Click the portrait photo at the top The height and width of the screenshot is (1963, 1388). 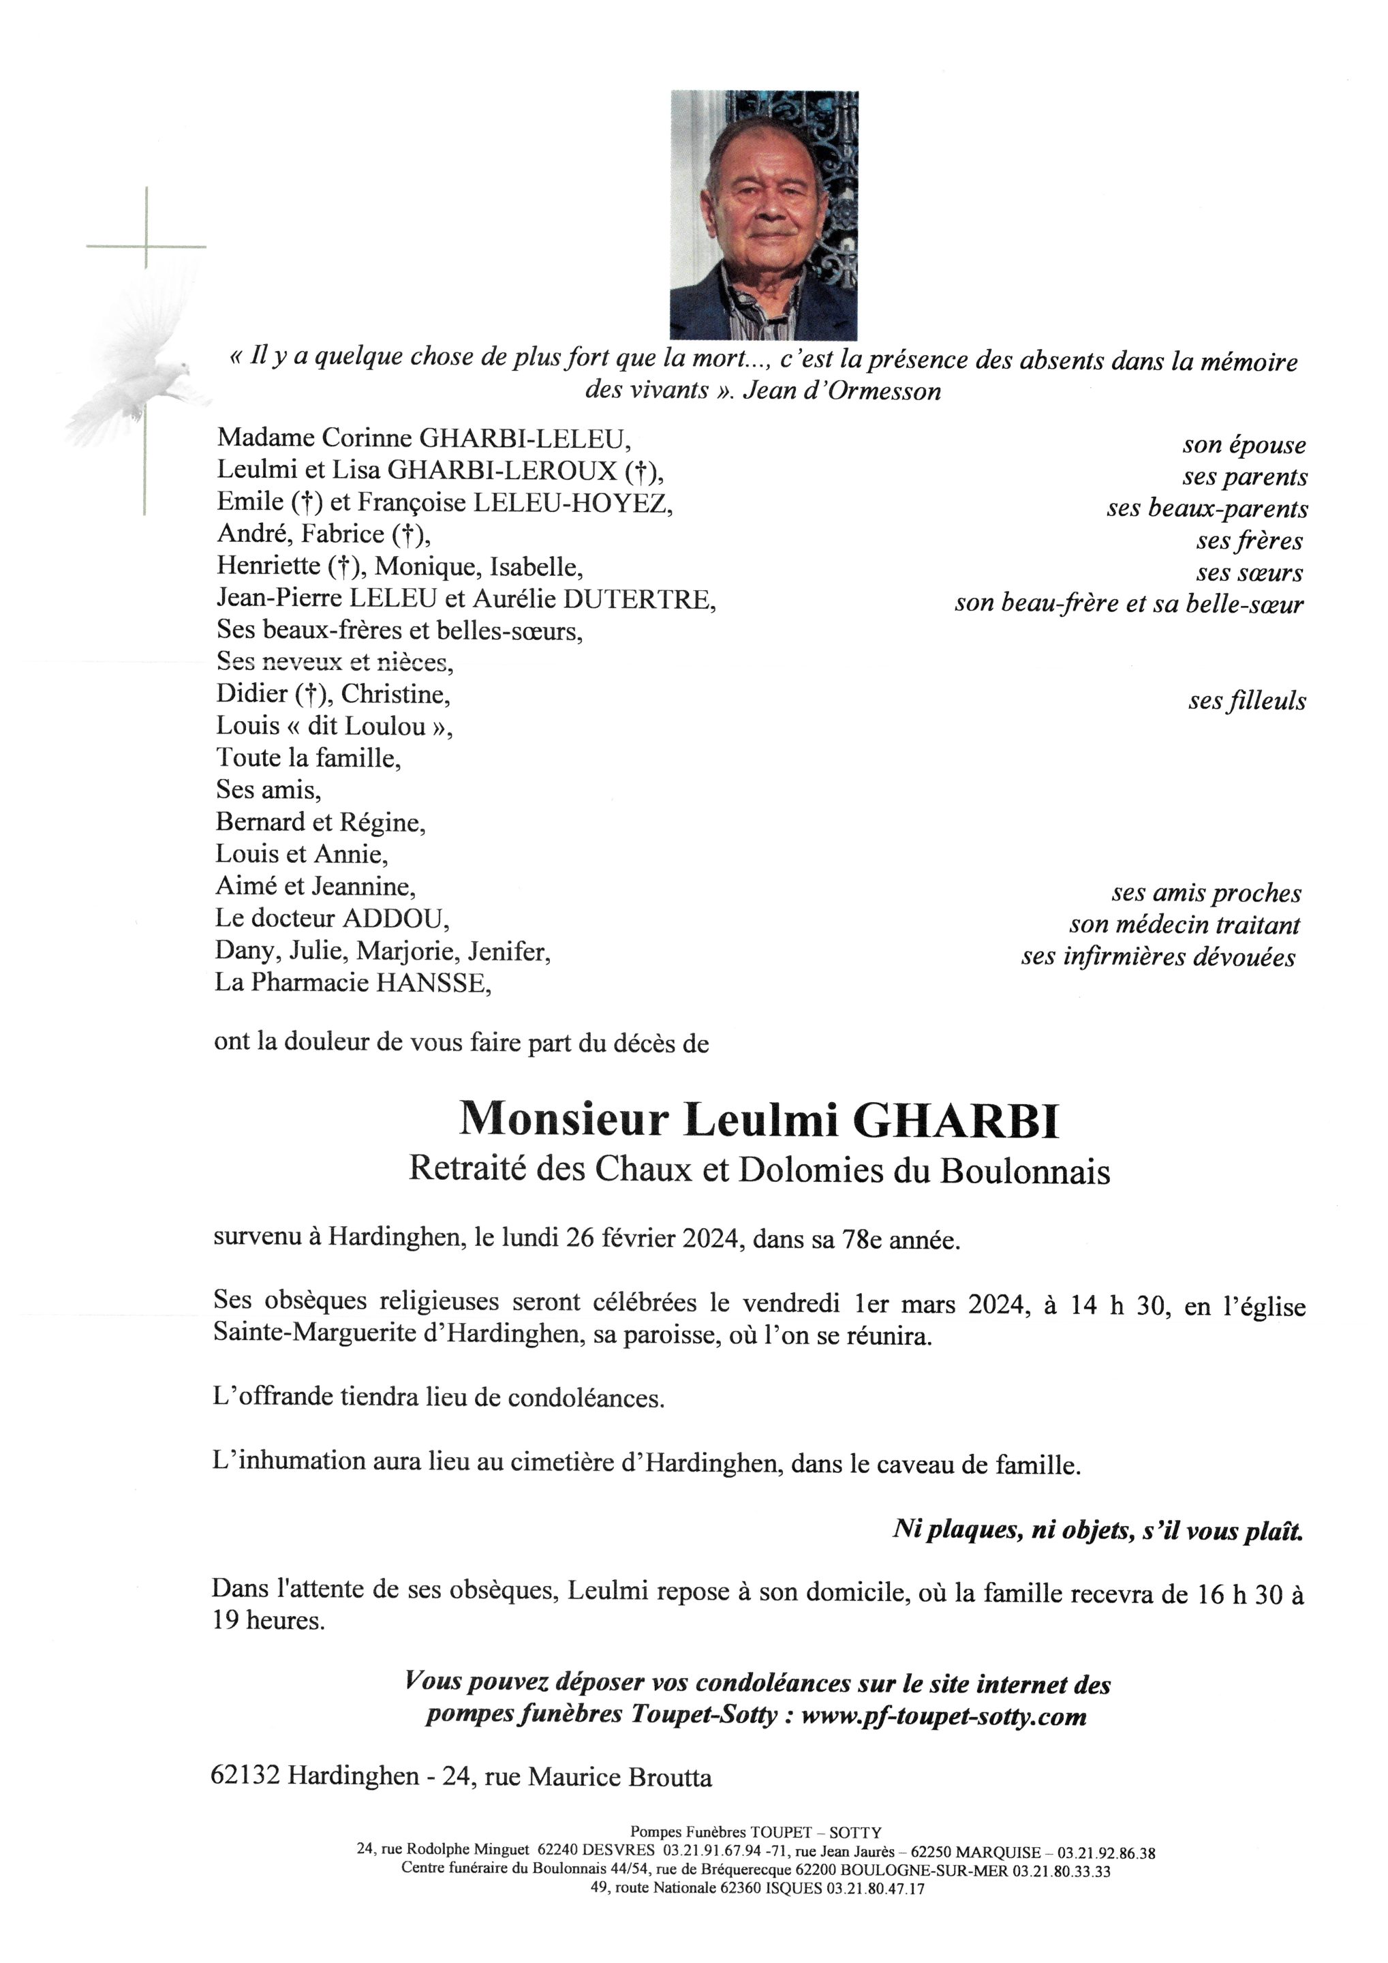point(763,215)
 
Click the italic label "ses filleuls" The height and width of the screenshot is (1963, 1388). point(1246,701)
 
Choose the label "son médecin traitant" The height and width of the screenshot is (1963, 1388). point(1184,925)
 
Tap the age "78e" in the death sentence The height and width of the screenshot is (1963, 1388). point(867,1241)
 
